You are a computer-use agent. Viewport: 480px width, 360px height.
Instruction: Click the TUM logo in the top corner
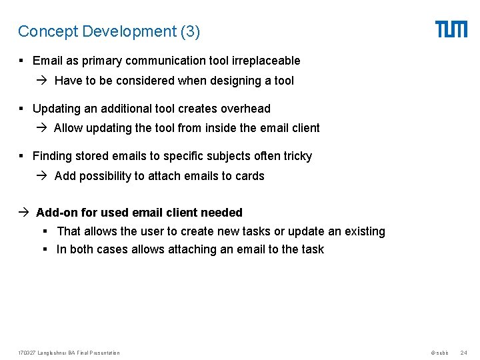pos(451,29)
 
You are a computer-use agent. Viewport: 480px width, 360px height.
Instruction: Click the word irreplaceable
pos(266,61)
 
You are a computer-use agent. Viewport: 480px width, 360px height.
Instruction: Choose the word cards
pos(250,176)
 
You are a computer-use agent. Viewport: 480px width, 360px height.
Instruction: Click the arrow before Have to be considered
pos(44,81)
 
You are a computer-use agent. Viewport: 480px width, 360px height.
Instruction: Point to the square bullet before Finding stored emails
pos(22,156)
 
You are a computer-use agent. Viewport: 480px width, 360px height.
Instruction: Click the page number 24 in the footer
pos(464,353)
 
